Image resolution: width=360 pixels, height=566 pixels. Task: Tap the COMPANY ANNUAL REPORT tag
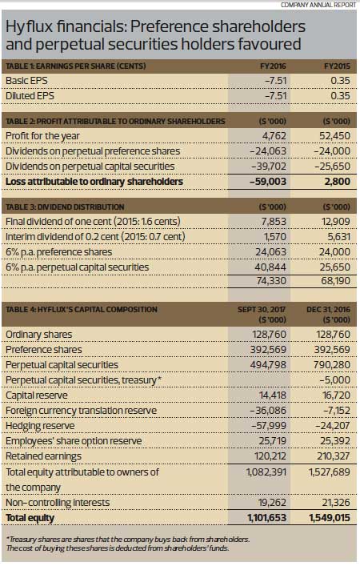click(318, 5)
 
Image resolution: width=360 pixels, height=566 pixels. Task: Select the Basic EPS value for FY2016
click(275, 80)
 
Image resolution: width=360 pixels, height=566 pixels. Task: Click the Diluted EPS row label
click(30, 95)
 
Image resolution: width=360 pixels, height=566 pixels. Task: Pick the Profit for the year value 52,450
click(334, 136)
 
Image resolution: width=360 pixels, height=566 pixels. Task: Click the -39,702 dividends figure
click(268, 166)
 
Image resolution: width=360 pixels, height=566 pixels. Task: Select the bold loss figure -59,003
click(268, 181)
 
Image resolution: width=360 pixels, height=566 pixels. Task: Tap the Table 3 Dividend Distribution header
click(65, 207)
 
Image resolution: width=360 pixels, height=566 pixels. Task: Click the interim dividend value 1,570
click(275, 236)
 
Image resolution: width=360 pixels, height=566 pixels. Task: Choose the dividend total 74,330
click(271, 280)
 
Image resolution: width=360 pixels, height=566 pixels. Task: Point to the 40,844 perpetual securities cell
click(271, 267)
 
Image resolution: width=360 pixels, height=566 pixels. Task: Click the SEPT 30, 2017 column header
click(262, 309)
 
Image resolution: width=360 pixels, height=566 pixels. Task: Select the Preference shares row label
click(44, 349)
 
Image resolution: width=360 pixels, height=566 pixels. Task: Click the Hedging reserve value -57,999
click(269, 426)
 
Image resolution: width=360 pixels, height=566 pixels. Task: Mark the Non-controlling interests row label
click(58, 503)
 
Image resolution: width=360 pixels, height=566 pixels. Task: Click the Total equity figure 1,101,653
click(267, 518)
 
